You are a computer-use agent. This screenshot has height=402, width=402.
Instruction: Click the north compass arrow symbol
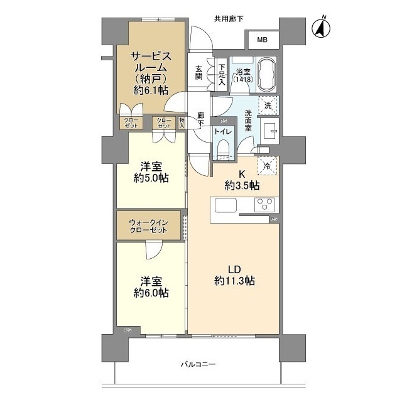click(321, 27)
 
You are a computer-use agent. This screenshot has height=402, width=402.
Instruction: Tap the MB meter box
click(262, 40)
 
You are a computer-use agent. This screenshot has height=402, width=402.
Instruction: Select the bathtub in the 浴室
click(267, 73)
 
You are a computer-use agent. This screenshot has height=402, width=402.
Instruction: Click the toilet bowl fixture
click(223, 149)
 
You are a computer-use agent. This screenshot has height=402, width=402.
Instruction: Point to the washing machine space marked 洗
click(268, 105)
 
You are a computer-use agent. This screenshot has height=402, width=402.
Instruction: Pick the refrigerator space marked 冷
click(268, 166)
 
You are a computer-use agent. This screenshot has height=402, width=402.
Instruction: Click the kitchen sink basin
click(225, 205)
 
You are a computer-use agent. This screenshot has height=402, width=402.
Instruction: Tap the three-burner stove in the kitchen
click(264, 205)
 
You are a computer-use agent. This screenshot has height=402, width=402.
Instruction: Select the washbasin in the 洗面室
click(269, 131)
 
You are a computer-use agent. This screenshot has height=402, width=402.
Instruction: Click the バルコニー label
click(198, 364)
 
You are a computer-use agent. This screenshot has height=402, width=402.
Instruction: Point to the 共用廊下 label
click(229, 19)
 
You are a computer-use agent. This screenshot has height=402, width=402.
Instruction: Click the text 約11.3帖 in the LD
click(234, 281)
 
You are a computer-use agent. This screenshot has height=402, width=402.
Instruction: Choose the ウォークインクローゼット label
click(148, 226)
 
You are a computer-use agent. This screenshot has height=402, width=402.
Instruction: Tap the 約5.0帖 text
click(151, 178)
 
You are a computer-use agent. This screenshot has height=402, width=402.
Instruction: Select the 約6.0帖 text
click(151, 293)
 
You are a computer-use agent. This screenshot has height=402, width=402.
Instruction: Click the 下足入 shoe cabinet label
click(222, 75)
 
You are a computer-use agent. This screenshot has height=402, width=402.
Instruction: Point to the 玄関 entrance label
click(198, 73)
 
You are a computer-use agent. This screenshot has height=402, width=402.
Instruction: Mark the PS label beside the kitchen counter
click(274, 219)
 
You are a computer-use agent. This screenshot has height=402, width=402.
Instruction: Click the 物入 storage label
click(182, 123)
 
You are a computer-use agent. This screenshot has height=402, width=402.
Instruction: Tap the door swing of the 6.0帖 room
click(154, 249)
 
